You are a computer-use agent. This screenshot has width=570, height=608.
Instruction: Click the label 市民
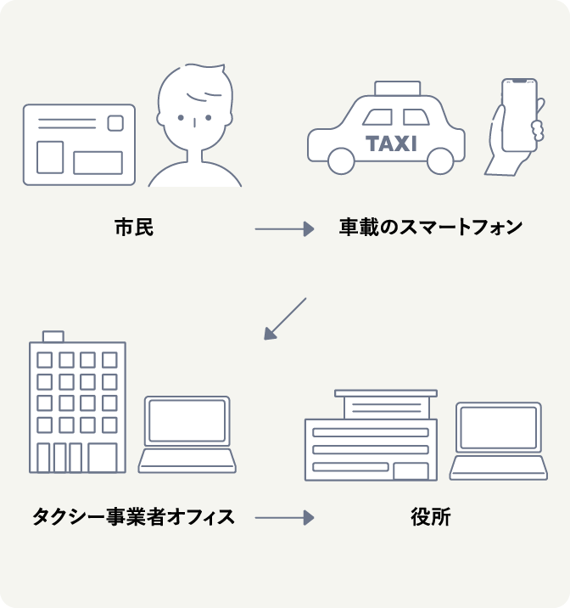(x=134, y=228)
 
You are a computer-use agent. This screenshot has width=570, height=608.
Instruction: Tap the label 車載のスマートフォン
(x=431, y=228)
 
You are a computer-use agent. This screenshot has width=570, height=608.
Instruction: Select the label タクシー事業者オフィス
(x=133, y=515)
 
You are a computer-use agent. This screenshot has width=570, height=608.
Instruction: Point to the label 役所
(x=431, y=516)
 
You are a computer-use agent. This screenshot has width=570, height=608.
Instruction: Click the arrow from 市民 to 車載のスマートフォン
(x=284, y=228)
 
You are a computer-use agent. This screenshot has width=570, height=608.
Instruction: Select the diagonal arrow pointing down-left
(x=284, y=319)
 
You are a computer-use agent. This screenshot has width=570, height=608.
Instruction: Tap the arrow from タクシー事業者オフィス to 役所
(x=284, y=516)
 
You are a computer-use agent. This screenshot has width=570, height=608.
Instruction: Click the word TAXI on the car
(x=391, y=143)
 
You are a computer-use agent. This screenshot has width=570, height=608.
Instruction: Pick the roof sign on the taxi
(x=397, y=87)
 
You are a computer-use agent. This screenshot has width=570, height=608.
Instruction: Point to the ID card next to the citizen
(x=79, y=144)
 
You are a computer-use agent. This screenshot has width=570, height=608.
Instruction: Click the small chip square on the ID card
(x=115, y=123)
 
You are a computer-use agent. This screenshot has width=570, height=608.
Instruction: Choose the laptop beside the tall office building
(x=187, y=433)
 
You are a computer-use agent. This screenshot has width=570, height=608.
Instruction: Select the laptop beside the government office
(x=499, y=440)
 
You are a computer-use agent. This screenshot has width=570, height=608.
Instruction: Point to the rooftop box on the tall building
(x=53, y=336)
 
